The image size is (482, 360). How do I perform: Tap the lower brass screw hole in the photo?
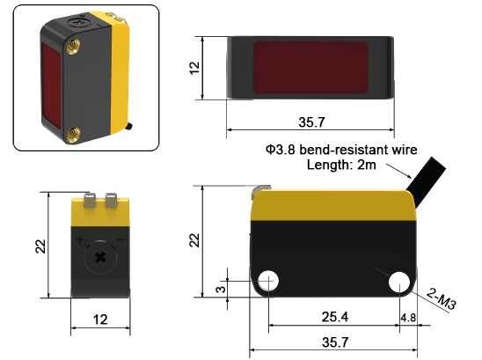point(75,133)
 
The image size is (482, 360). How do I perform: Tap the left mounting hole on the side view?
point(268,281)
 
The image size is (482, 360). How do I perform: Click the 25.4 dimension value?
point(334,316)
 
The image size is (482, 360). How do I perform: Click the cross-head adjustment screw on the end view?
point(100,256)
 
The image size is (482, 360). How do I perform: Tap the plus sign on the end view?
point(80,239)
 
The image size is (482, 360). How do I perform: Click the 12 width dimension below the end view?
point(100,319)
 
